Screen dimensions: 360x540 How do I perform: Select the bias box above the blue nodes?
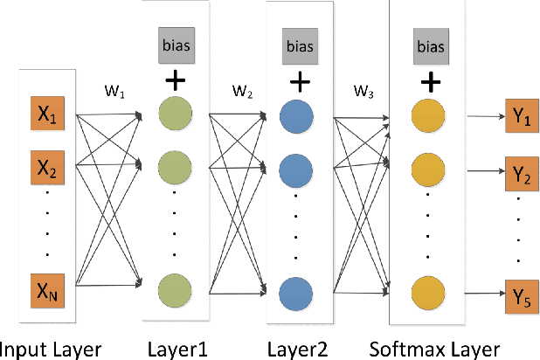pos(300,44)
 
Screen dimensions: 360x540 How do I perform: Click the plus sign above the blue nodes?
pos(300,81)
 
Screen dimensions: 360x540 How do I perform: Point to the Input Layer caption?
pos(52,347)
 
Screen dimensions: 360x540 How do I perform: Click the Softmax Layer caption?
pos(431,347)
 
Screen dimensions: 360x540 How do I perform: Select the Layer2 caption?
pos(297,347)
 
